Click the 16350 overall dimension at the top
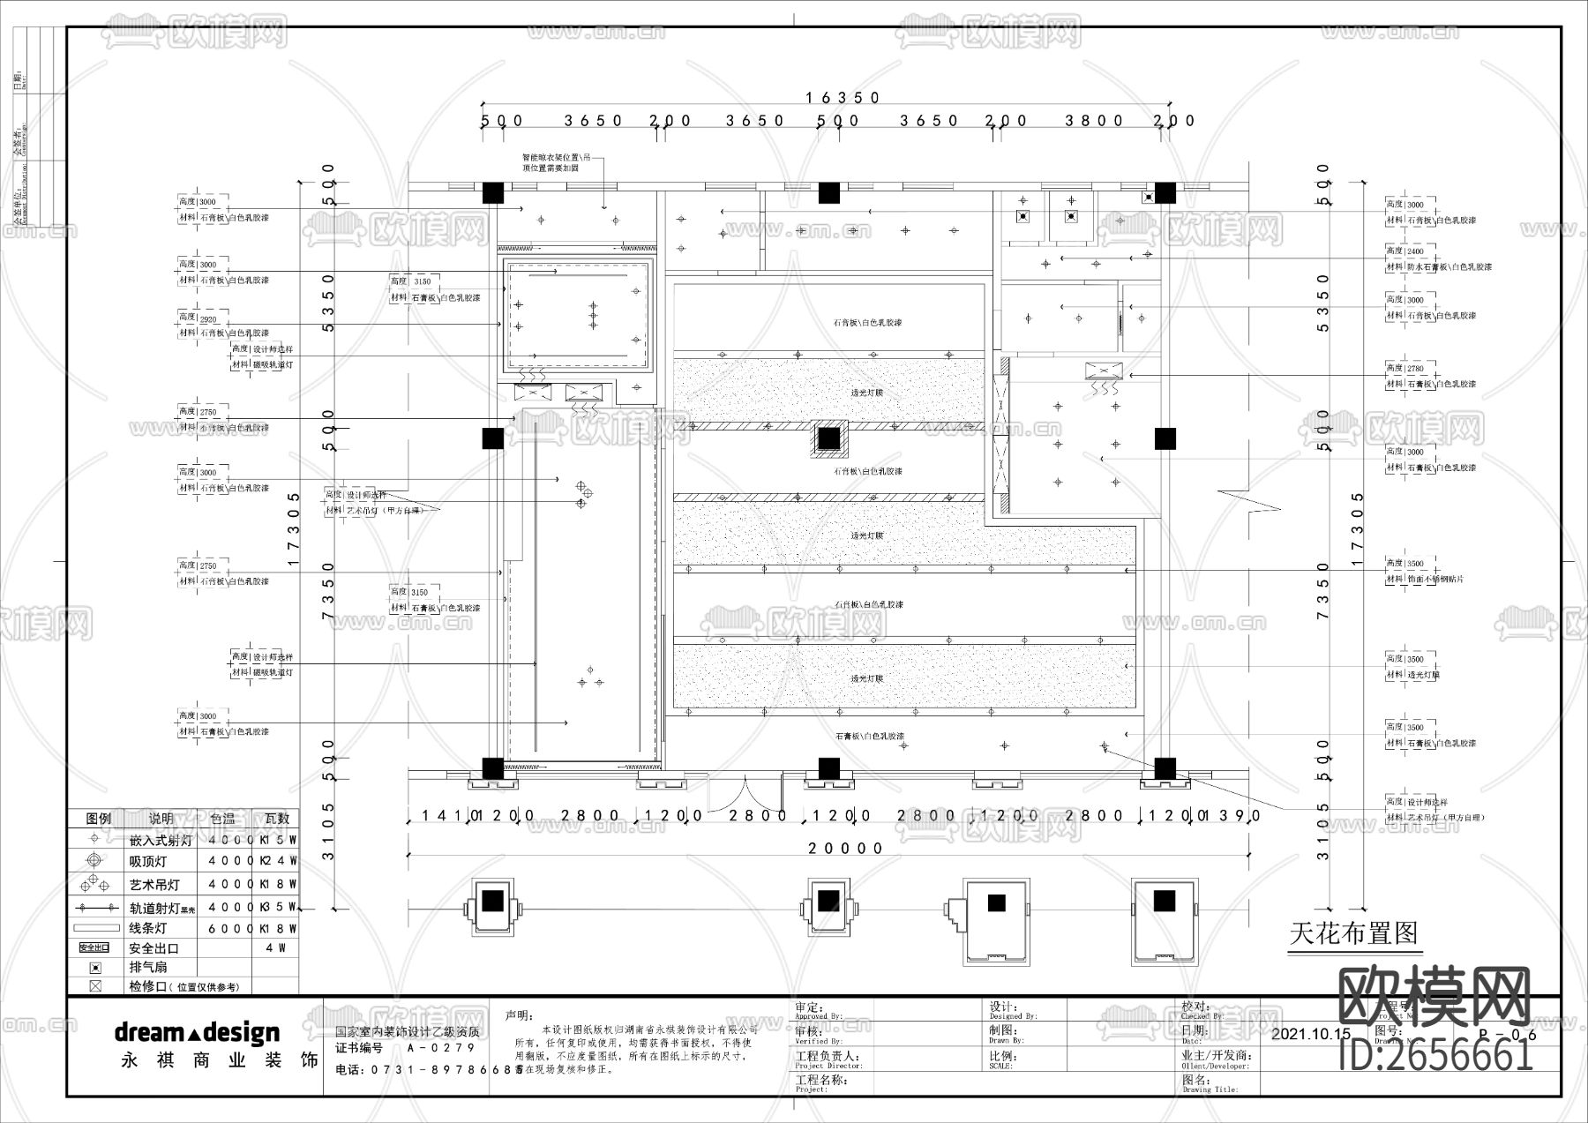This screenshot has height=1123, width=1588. tap(843, 98)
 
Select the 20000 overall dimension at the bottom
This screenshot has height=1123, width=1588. tap(846, 849)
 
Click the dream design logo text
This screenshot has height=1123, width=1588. tap(197, 1032)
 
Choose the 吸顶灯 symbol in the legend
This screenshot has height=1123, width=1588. tap(95, 860)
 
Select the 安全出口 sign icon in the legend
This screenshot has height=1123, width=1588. tap(94, 947)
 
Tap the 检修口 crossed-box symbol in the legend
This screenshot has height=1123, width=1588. tap(95, 986)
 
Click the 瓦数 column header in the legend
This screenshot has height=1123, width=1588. tap(276, 818)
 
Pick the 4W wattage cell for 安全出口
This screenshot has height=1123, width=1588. tap(275, 948)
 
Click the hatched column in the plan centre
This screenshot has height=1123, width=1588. tap(828, 438)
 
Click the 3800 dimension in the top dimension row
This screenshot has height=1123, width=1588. tap(1094, 121)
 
